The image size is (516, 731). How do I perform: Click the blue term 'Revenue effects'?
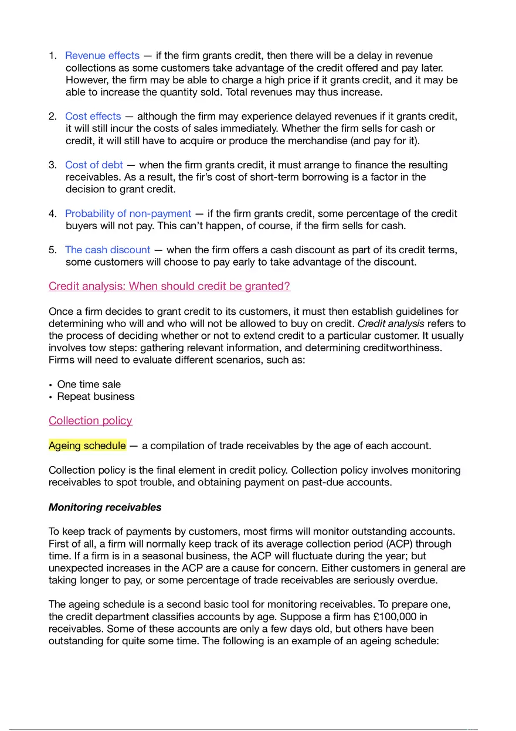(102, 56)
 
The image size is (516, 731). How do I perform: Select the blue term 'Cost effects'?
(93, 116)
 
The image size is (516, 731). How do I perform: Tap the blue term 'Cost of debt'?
(94, 165)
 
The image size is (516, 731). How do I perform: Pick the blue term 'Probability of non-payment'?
(128, 213)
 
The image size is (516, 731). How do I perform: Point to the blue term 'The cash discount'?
(107, 250)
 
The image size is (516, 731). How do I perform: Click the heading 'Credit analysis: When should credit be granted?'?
(169, 286)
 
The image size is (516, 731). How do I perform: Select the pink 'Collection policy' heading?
(90, 420)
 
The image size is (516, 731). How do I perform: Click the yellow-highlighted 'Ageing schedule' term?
(87, 446)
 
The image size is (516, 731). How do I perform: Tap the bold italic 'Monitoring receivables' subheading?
(105, 507)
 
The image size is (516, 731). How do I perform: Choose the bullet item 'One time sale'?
(89, 385)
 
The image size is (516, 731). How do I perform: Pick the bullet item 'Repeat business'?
(96, 396)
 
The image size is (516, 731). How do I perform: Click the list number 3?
(52, 165)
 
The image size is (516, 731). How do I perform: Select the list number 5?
(52, 250)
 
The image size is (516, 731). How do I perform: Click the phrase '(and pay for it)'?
(385, 141)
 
